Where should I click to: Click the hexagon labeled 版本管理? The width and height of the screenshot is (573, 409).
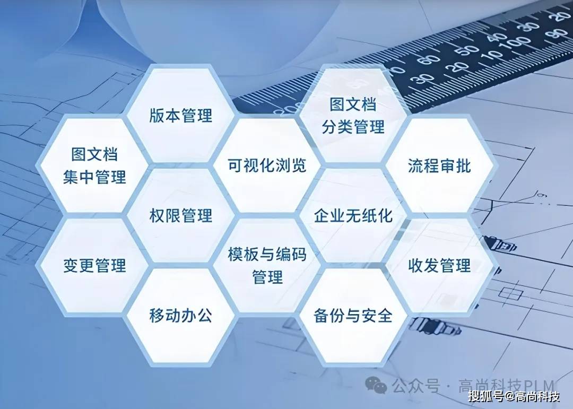tap(180, 115)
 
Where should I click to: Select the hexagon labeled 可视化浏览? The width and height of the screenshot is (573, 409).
tap(267, 165)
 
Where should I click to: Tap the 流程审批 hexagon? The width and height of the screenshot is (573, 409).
tap(439, 165)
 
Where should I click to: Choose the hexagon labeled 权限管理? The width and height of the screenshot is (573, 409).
tap(180, 215)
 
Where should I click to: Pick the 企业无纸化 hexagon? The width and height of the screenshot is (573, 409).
tap(353, 215)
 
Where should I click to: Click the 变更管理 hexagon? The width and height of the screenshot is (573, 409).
tap(94, 265)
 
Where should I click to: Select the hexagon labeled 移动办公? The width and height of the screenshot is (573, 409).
tap(180, 316)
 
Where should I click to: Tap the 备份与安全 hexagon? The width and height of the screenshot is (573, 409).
tap(353, 316)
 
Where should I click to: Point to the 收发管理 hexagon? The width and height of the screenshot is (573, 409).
tap(439, 265)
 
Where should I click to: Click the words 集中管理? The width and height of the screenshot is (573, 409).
tap(94, 177)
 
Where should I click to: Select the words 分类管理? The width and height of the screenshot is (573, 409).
tap(353, 127)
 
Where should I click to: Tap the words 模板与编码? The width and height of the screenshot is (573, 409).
tap(267, 254)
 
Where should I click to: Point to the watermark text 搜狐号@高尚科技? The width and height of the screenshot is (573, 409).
tap(514, 396)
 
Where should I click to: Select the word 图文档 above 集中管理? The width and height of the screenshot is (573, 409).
tap(94, 154)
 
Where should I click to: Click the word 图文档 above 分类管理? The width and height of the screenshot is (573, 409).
tap(353, 104)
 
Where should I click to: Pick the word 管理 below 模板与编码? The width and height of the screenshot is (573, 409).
tap(267, 277)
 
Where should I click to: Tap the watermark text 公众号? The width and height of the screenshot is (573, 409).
tap(416, 386)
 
